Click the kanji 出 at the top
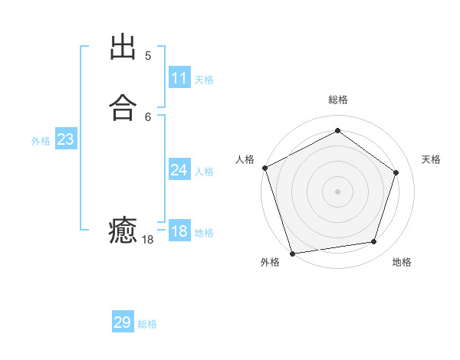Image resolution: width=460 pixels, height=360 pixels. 123,47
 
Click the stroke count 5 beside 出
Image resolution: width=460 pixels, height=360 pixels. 148,56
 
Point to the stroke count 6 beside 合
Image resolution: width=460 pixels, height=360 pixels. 148,116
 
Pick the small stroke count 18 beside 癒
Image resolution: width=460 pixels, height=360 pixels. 148,240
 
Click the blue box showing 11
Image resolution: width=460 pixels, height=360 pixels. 179,78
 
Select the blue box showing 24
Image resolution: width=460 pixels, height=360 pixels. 179,170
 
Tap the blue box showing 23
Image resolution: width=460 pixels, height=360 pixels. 65,139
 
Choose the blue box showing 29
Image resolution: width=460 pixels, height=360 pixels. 123,322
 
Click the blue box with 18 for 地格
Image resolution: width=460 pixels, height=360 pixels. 179,231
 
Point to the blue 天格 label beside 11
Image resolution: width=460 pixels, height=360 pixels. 204,80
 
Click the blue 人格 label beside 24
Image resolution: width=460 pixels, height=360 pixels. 204,172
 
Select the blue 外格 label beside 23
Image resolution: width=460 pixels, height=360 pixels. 41,141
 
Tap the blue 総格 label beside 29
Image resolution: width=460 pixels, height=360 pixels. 147,324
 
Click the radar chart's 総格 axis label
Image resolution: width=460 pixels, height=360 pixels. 337,100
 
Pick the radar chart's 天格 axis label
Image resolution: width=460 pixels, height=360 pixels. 431,159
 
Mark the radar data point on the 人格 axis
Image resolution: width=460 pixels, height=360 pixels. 264,168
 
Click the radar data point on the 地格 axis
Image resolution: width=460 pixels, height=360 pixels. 373,242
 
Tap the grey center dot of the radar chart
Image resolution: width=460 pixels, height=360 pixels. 337,191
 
